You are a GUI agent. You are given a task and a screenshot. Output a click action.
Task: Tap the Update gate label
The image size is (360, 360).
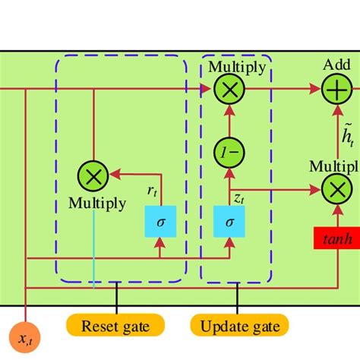click(x=239, y=327)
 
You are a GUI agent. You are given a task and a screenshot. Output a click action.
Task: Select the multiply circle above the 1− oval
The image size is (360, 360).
click(x=229, y=90)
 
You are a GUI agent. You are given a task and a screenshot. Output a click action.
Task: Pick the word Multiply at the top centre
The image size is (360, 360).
click(x=237, y=67)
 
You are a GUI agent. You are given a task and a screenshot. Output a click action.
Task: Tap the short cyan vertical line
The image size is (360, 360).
click(x=93, y=250)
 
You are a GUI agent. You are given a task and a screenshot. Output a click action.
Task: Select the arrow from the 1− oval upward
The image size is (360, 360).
click(x=229, y=122)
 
